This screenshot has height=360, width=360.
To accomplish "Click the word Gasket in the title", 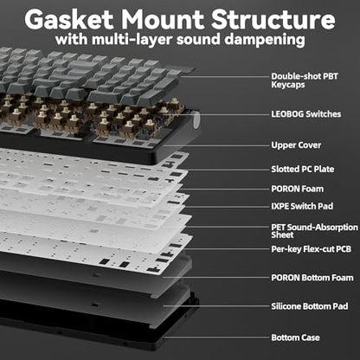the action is point(69,19).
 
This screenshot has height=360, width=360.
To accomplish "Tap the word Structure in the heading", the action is point(273,19).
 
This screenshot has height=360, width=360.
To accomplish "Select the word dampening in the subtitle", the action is point(265,40).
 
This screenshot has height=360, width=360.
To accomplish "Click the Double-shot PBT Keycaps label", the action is point(305,80).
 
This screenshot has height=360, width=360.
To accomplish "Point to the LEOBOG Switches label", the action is point(306,114).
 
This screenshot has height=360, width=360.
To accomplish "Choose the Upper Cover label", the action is point(296,145).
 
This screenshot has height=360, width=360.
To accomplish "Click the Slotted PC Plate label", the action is point(303,169).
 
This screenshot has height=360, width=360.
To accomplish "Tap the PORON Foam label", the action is point(297,189).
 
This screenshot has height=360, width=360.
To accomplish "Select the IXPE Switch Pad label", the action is point(302,206).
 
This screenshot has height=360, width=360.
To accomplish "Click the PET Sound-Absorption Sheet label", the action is point(314,231).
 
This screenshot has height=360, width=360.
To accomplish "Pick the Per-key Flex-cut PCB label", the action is point(311,249).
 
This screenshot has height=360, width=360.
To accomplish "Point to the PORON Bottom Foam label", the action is point(312,278).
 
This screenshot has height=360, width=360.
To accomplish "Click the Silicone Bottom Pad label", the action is point(310,306).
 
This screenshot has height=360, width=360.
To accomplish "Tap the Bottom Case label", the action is point(295,337).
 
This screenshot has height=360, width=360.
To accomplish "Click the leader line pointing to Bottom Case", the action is point(215,337).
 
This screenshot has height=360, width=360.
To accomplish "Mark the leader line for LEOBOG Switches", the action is point(222,115).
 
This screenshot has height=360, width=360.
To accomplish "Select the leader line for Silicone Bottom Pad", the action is point(215,306).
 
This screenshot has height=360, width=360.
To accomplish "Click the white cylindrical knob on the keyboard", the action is point(196,119).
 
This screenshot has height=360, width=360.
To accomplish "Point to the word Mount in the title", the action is point(162,19).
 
